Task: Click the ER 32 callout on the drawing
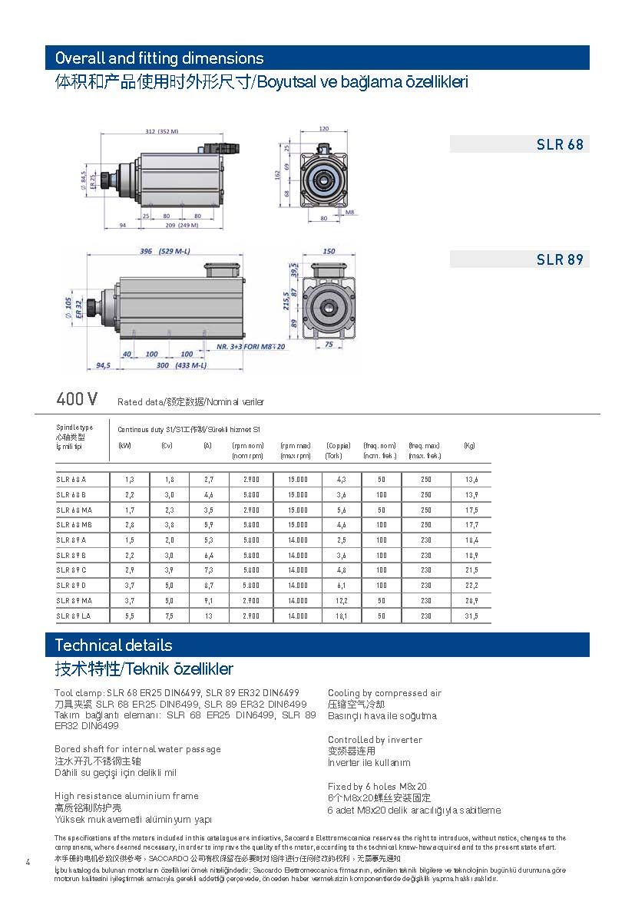click(x=78, y=309)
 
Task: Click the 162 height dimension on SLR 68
click(x=279, y=174)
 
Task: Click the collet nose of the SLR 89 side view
click(x=94, y=309)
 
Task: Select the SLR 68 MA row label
click(x=74, y=510)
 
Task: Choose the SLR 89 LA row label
click(x=74, y=616)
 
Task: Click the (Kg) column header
click(x=470, y=446)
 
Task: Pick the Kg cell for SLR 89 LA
click(x=470, y=616)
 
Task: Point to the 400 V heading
click(x=77, y=399)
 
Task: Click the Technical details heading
click(x=114, y=645)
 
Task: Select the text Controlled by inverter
click(x=375, y=740)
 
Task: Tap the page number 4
click(x=28, y=861)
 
